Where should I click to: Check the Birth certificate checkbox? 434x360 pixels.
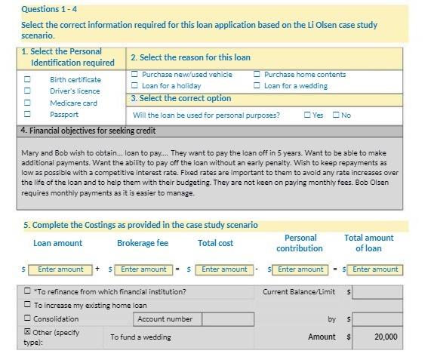tap(28, 78)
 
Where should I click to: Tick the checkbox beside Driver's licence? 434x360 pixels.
tap(28, 91)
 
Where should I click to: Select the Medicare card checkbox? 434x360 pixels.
tap(28, 103)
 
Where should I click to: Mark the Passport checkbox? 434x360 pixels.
tap(28, 115)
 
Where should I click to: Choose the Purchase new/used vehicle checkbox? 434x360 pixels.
tap(134, 75)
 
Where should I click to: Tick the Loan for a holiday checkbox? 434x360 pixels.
tap(134, 86)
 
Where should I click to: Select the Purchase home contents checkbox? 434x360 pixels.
tap(257, 75)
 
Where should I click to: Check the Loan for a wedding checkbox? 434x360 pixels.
tap(257, 86)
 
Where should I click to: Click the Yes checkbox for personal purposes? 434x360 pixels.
tap(307, 115)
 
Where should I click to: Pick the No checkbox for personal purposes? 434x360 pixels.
tap(336, 115)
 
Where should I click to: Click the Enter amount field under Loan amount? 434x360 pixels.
tap(60, 269)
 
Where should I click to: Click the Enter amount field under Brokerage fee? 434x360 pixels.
tap(143, 269)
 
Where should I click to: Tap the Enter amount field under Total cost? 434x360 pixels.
tap(224, 269)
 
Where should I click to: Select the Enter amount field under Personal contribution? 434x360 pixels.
tap(300, 269)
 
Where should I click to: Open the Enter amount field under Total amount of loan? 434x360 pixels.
tap(375, 269)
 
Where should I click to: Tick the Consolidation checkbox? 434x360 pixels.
tap(28, 319)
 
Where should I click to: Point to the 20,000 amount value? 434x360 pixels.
tap(385, 337)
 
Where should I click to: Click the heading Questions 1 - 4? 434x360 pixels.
tap(49, 10)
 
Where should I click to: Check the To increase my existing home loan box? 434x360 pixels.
tap(28, 306)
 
